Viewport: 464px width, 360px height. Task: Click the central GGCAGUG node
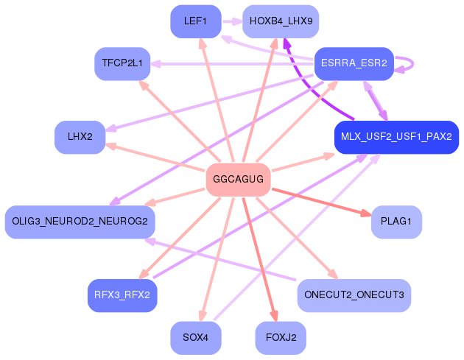238,179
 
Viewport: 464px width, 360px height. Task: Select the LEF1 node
196,21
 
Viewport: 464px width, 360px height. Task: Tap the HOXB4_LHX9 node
281,21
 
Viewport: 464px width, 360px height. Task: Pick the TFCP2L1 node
122,63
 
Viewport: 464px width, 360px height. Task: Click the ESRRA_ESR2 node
354,63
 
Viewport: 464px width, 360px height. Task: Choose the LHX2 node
80,137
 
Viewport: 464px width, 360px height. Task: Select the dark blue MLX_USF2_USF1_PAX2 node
396,137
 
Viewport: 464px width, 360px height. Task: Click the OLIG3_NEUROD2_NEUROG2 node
80,222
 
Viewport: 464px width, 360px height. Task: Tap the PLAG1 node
396,222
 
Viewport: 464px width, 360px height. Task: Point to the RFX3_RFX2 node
122,295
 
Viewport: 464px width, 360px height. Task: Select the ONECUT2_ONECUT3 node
354,295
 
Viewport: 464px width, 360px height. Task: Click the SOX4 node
196,337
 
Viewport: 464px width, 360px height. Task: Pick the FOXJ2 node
281,337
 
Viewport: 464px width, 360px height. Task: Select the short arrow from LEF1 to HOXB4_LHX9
233,21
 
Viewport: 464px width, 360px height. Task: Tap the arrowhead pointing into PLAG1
366,213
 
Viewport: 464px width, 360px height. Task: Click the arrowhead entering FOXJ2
274,315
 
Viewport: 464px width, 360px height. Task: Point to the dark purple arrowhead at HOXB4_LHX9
287,43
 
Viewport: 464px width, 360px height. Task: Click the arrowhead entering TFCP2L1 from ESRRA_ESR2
155,63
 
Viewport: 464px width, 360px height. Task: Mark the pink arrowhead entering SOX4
203,315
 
